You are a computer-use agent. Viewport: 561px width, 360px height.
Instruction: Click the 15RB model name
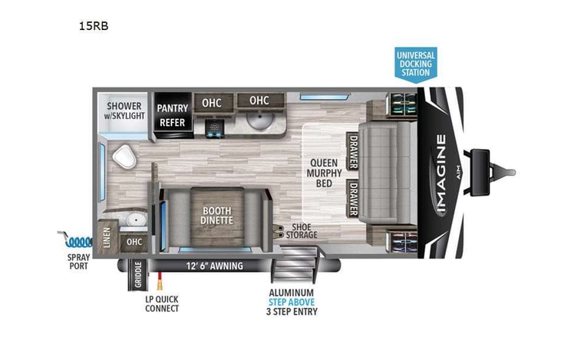click(x=94, y=26)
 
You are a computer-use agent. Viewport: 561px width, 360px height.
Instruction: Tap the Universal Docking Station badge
click(x=416, y=64)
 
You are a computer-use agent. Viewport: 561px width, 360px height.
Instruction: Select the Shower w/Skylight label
click(x=124, y=111)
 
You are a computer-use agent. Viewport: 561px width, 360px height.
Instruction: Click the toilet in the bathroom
click(x=124, y=157)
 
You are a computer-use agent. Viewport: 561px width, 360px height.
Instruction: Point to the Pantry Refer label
click(x=173, y=115)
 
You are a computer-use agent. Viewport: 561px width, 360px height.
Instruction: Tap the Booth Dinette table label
click(x=216, y=216)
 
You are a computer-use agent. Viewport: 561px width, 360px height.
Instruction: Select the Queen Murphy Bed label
click(x=324, y=173)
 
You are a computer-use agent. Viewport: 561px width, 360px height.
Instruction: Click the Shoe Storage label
click(x=302, y=231)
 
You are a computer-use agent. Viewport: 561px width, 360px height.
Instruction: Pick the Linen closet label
click(x=107, y=237)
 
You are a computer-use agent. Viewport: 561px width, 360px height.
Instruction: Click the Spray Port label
click(x=78, y=262)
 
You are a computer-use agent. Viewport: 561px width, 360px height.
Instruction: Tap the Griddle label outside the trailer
click(x=138, y=275)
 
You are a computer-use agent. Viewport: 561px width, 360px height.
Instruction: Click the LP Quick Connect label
click(x=162, y=304)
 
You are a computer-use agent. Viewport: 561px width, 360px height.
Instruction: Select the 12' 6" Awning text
click(x=214, y=266)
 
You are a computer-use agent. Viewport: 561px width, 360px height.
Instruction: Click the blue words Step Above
click(x=292, y=302)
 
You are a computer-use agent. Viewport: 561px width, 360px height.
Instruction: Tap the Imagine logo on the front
click(x=441, y=173)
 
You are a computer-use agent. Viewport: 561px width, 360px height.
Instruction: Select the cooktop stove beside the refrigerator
click(x=214, y=128)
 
